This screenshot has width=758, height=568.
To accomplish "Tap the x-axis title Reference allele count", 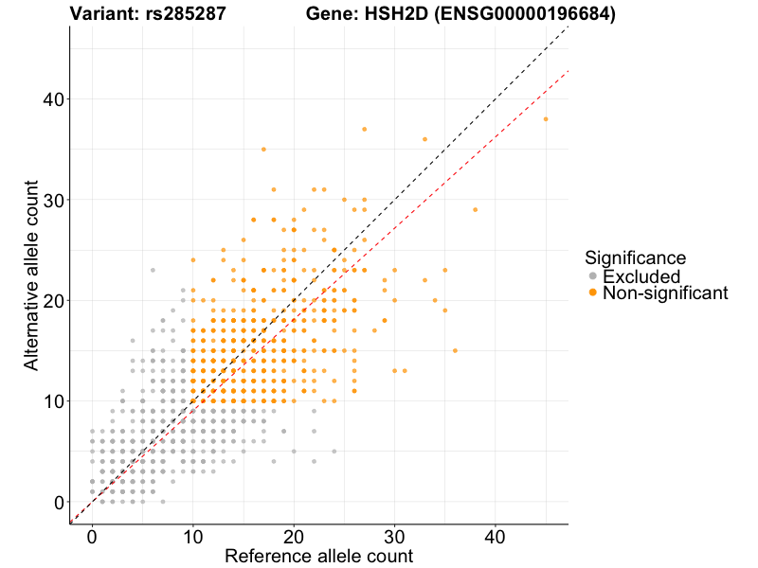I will point(318,556).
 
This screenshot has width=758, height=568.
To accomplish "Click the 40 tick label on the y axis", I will point(53,99).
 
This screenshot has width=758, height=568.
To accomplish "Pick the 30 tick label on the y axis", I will point(53,200).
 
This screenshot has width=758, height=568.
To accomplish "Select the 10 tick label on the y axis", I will point(53,401).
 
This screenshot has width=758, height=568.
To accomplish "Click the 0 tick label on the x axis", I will point(92,536).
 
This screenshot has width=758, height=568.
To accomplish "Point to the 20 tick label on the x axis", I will point(294,536).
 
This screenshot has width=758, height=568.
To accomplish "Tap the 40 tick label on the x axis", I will point(496,536).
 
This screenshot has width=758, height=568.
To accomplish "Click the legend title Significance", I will point(635,257).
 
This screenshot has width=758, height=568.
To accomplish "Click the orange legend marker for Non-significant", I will point(593,293).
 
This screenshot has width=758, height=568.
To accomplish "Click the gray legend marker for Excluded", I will point(593,276).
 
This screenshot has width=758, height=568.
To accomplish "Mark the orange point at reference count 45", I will point(546,119).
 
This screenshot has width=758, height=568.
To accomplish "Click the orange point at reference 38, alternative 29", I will point(475,209).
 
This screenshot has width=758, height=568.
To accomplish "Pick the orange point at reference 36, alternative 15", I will point(455,350).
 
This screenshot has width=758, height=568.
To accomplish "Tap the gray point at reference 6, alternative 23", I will point(153,270).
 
